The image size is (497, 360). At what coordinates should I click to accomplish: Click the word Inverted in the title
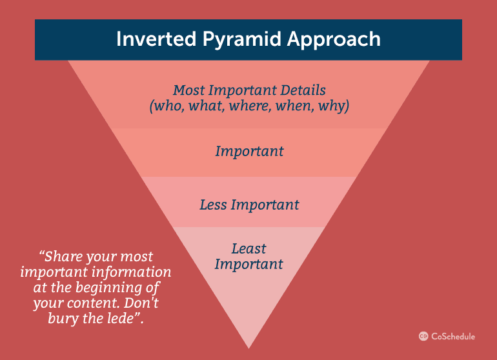(x=156, y=39)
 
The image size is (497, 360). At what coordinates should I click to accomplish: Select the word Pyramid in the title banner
(x=242, y=40)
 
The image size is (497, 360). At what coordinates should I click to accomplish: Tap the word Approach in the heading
(x=334, y=40)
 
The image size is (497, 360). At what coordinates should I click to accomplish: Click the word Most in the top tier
(x=189, y=90)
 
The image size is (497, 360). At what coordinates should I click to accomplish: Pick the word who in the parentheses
(x=167, y=106)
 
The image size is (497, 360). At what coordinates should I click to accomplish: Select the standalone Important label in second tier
(x=249, y=151)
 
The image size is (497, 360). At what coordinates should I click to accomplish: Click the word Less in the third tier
(x=213, y=205)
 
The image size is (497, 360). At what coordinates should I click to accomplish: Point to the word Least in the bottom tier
(x=249, y=248)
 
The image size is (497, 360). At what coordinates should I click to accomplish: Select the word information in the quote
(x=132, y=272)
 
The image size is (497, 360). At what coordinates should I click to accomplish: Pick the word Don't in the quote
(x=141, y=303)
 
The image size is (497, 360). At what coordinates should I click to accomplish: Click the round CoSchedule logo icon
(x=423, y=336)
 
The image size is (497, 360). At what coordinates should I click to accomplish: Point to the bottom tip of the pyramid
(x=249, y=348)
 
